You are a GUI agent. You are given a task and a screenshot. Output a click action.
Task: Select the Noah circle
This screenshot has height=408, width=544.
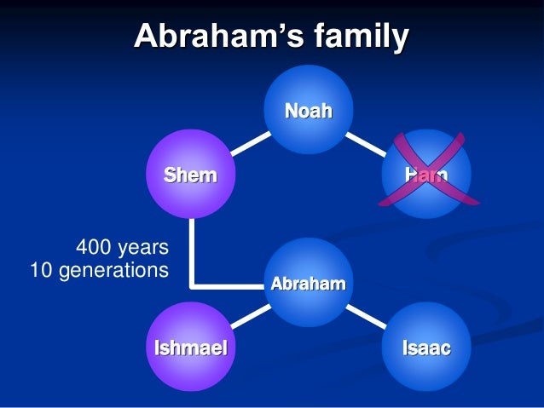[x=308, y=108]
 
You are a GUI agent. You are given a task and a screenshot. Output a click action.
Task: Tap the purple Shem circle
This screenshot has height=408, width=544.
[x=191, y=175]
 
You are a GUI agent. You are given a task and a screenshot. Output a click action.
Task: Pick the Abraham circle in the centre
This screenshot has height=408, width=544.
[x=308, y=281]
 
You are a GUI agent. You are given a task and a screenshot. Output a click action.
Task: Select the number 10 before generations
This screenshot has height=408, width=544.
[x=41, y=270]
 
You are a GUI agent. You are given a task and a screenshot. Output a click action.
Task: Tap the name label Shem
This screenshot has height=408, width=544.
[x=191, y=176]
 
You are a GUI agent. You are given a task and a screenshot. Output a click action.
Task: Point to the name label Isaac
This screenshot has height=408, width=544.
[x=426, y=348]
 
